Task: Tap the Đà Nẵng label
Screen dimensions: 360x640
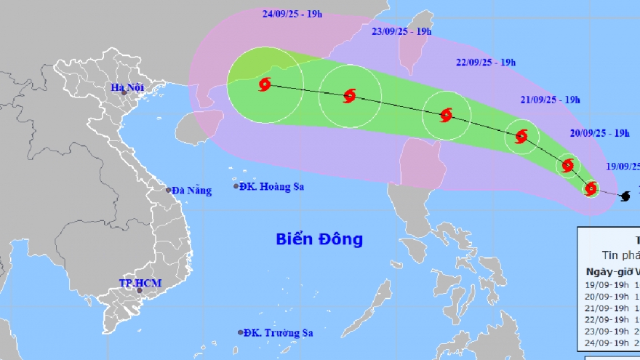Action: pyautogui.click(x=191, y=191)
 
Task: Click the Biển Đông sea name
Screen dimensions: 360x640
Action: pyautogui.click(x=319, y=239)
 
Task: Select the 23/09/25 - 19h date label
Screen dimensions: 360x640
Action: pyautogui.click(x=401, y=32)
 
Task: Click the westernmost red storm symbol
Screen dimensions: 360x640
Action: pyautogui.click(x=264, y=85)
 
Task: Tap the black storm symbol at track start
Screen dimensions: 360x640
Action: pyautogui.click(x=623, y=196)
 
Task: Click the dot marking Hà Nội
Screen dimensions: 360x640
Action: pyautogui.click(x=124, y=92)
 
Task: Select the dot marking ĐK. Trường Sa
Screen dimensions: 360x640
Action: pyautogui.click(x=241, y=332)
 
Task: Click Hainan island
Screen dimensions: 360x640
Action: pyautogui.click(x=198, y=124)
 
